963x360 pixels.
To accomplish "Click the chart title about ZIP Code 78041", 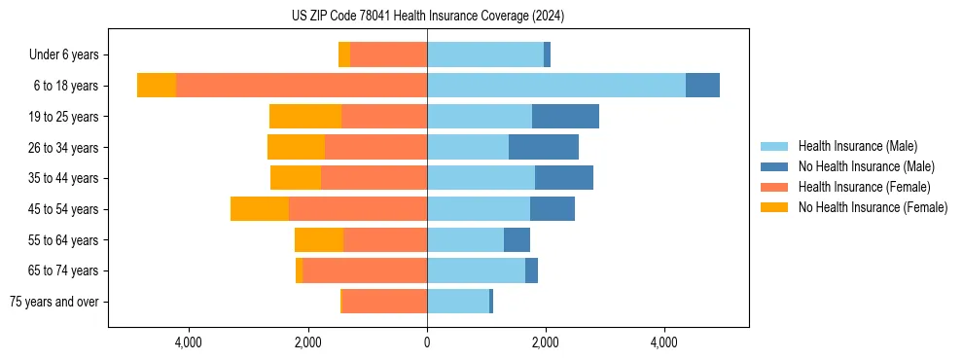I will click(427, 16).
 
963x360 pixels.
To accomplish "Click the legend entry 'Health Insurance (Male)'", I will click(857, 146).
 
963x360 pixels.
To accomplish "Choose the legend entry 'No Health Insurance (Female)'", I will click(873, 207).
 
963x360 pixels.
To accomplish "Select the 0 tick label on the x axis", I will click(427, 342).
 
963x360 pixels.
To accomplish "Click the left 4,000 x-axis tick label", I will click(188, 342).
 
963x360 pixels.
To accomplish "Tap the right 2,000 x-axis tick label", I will click(546, 342).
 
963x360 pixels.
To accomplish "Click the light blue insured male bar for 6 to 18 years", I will click(555, 86).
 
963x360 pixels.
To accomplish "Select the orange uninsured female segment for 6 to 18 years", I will click(157, 86).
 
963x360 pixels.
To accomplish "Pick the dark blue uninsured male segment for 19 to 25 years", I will click(565, 117).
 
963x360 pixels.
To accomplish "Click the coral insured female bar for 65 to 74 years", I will click(365, 270).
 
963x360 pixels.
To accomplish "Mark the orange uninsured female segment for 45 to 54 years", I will click(260, 209).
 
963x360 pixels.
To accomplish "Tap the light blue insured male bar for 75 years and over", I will click(458, 302).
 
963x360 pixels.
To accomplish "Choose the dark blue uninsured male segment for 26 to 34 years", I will click(544, 147).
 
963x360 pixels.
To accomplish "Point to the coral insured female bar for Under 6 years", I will click(388, 55).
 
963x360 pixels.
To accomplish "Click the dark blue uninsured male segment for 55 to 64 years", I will click(517, 239).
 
